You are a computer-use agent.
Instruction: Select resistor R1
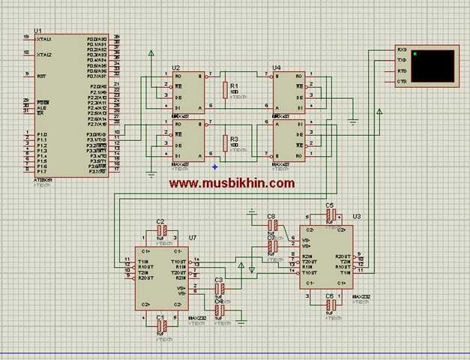(x=224, y=91)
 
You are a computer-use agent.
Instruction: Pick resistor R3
(x=224, y=143)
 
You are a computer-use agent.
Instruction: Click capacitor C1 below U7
(x=160, y=327)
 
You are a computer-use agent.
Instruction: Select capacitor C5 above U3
(x=330, y=214)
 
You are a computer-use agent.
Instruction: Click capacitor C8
(x=273, y=225)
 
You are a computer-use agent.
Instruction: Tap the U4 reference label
(x=277, y=67)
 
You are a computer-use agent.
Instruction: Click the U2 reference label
(x=176, y=67)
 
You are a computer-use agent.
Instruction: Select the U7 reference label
(x=193, y=238)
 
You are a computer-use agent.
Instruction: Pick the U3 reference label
(x=356, y=216)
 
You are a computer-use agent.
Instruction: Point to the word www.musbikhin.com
(x=231, y=182)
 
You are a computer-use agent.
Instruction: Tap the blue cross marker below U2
(x=214, y=166)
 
